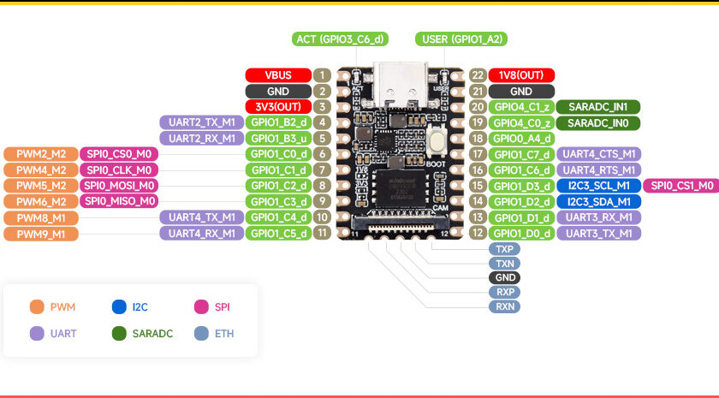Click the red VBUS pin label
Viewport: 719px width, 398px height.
click(x=278, y=75)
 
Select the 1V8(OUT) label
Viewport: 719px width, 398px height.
click(x=521, y=75)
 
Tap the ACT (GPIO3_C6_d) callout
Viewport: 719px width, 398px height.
click(x=341, y=39)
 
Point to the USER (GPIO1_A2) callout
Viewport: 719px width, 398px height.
click(x=461, y=39)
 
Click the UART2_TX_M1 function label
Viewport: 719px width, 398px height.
click(x=202, y=122)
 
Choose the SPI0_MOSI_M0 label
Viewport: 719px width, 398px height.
click(x=119, y=186)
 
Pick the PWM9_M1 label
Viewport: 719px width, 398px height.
click(x=41, y=234)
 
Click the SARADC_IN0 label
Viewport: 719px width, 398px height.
click(x=598, y=123)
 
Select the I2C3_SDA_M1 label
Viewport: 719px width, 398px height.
click(x=599, y=202)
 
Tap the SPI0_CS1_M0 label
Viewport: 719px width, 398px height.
click(x=681, y=186)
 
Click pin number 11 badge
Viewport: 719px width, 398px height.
click(x=323, y=233)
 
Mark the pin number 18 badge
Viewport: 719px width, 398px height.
click(x=478, y=139)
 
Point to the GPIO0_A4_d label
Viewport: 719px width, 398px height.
click(x=521, y=139)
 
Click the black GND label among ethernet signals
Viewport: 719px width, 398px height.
click(x=505, y=277)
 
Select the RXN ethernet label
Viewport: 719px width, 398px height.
click(x=505, y=306)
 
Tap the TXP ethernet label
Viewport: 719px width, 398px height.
click(x=505, y=249)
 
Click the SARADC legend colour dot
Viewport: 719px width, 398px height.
click(x=119, y=333)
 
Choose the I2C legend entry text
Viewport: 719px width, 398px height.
click(x=140, y=306)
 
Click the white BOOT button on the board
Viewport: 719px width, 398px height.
click(x=437, y=140)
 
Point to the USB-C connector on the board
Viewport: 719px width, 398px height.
click(x=401, y=86)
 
